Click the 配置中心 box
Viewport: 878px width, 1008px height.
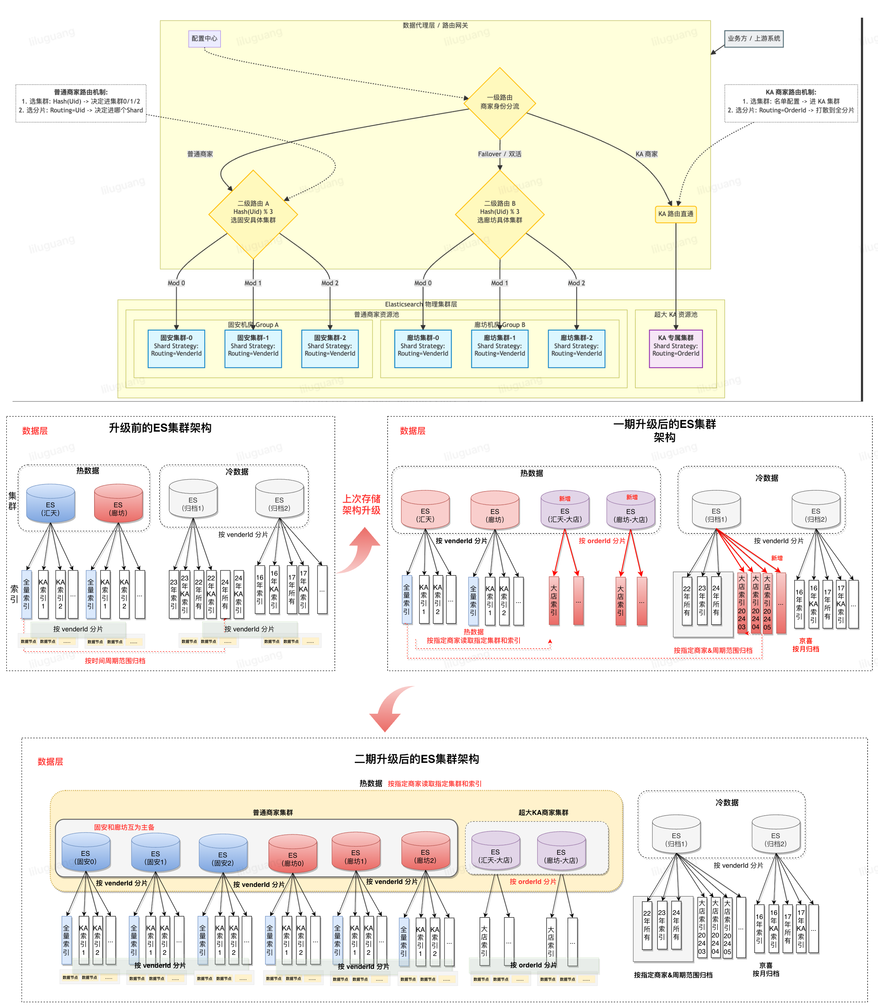(204, 39)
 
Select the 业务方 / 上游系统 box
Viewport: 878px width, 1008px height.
(754, 39)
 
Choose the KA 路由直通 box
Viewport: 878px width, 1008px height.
(676, 214)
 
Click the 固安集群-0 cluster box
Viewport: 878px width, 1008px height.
(176, 349)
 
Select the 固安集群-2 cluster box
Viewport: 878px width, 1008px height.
(330, 349)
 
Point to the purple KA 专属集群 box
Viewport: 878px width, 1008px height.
(676, 349)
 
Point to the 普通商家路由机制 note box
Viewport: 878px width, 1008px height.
(81, 103)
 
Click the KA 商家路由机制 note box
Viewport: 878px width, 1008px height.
(791, 103)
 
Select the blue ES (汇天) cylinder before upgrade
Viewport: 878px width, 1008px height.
(51, 504)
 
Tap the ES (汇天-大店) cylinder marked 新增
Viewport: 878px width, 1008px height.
(565, 511)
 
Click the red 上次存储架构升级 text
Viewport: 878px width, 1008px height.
(361, 504)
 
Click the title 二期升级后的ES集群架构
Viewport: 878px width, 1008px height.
(416, 759)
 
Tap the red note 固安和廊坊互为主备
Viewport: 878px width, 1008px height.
(124, 827)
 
